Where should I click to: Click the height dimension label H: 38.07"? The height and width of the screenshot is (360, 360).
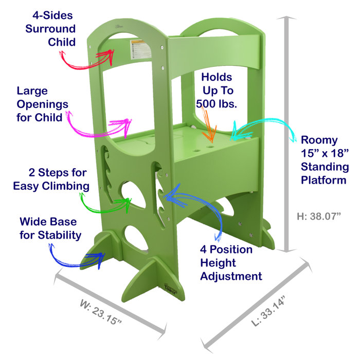(x=319, y=217)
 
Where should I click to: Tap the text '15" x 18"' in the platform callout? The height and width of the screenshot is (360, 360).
(x=325, y=153)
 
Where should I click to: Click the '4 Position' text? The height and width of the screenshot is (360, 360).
(x=226, y=250)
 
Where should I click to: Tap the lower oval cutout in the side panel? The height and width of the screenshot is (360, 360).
(x=136, y=240)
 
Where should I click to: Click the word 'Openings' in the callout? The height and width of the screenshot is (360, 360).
(x=42, y=104)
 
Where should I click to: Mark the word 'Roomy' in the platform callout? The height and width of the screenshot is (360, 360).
(x=319, y=139)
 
